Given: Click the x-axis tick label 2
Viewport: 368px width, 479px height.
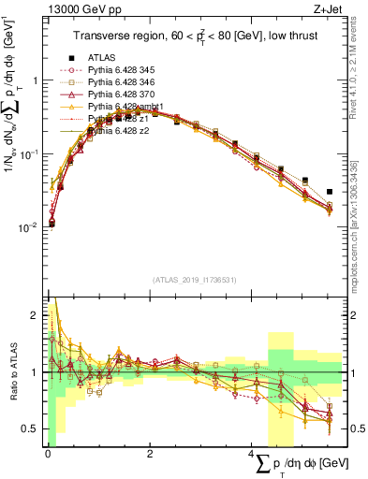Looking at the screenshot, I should tap(150, 454).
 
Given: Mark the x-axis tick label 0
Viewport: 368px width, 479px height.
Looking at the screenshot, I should tap(48, 454).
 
